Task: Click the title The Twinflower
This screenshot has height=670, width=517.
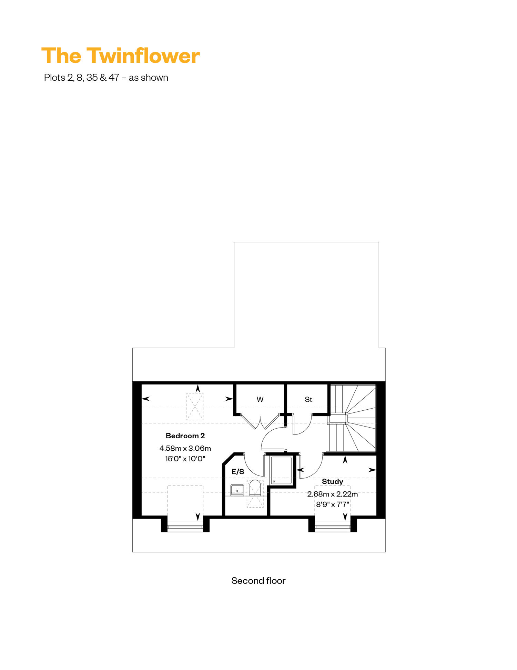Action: point(120,56)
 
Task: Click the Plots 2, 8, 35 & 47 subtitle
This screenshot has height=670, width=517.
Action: point(106,78)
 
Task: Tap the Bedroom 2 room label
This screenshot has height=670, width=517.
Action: point(185,436)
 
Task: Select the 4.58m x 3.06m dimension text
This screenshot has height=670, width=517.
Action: point(185,448)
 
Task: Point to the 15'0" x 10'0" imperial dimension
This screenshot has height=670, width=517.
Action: point(185,459)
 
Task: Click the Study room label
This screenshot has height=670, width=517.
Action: point(332,482)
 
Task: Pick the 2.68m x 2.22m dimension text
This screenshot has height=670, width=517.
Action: point(332,494)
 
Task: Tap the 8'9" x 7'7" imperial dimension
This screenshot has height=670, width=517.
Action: point(332,504)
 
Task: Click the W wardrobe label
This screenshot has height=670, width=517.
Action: point(260,400)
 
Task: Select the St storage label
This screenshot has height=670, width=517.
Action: point(308,400)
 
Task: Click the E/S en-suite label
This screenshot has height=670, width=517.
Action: point(238,472)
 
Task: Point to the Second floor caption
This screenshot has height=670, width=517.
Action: point(258,581)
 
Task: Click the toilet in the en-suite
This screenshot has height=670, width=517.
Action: point(255,488)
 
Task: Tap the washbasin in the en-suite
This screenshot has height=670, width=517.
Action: point(237,490)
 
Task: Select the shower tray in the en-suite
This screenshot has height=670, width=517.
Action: point(281,470)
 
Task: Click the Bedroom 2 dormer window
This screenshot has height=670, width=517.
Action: point(185,527)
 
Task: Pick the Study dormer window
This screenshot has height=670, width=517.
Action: point(333,527)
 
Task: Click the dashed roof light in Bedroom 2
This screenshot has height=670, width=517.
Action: point(195,407)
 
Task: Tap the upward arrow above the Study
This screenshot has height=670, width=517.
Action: point(345,460)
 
